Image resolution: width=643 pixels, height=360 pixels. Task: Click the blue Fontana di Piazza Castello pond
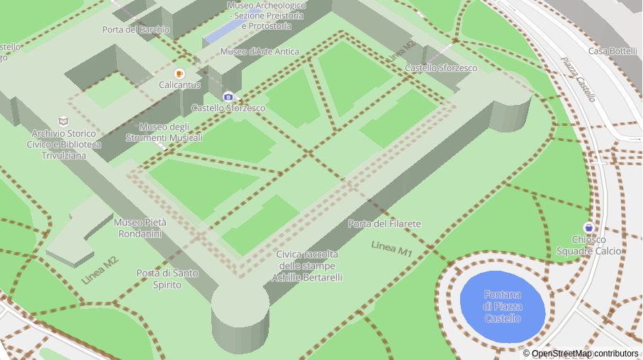tap(503, 306)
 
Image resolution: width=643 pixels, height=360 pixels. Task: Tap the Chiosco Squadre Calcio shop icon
tap(588, 227)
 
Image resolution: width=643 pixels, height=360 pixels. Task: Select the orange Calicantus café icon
tap(179, 74)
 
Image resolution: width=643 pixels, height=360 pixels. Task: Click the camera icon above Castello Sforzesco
tap(228, 96)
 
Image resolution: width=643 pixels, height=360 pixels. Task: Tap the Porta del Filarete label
tap(384, 224)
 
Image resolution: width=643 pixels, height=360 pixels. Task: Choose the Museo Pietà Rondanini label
tap(140, 227)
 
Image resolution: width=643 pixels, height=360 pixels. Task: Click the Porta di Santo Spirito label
tap(168, 279)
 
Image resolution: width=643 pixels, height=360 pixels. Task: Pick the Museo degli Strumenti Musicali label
tap(164, 132)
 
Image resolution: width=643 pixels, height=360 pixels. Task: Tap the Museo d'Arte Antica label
tap(259, 52)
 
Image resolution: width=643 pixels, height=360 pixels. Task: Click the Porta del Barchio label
tap(135, 30)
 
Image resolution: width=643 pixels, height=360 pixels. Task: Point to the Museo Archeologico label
tap(266, 16)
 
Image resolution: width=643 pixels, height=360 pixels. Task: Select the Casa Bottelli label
tap(613, 51)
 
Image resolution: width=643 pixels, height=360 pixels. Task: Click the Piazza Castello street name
tap(578, 78)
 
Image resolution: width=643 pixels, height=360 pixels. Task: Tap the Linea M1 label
tap(391, 249)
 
